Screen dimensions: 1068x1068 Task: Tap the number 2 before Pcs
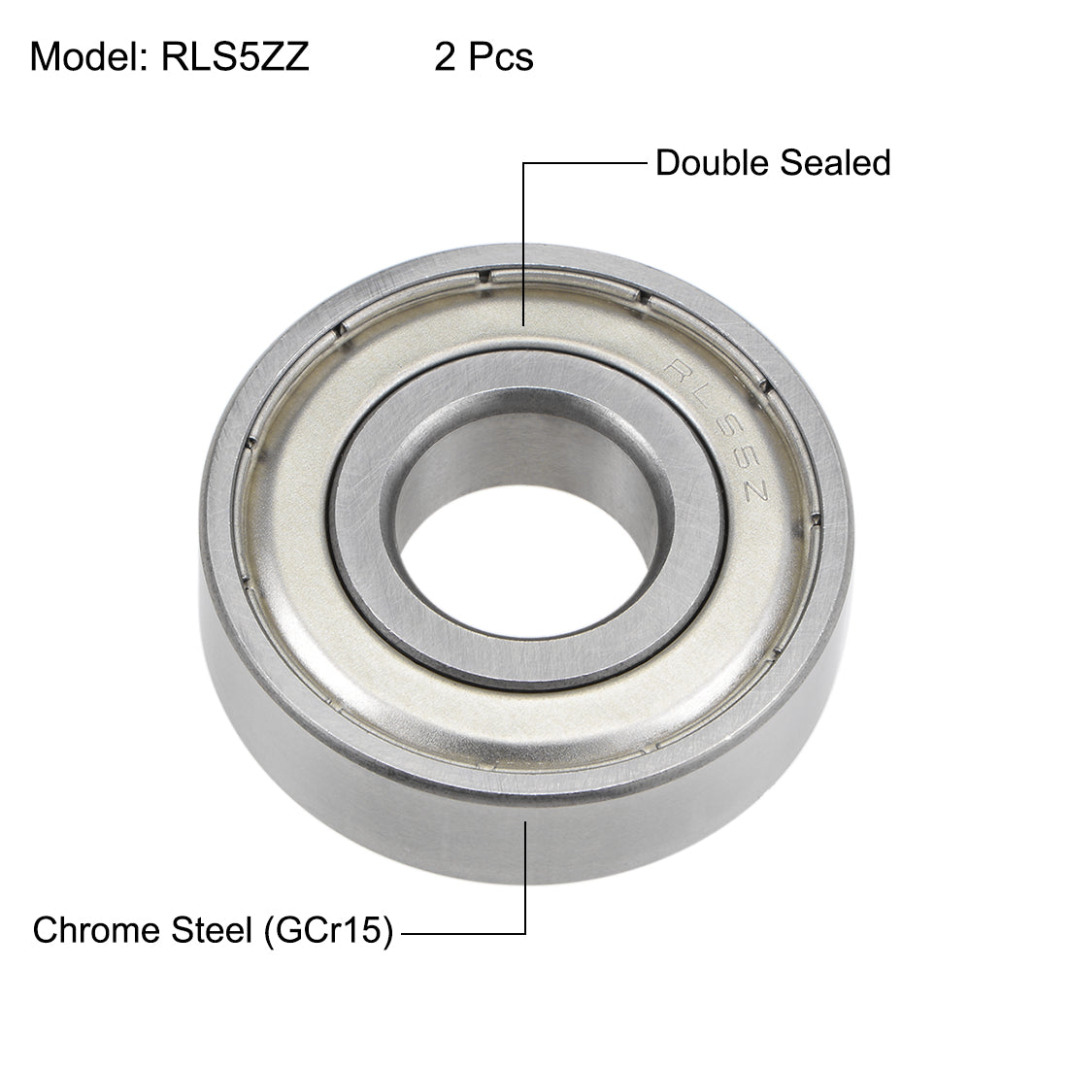point(445,57)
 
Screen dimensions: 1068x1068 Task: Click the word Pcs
point(500,57)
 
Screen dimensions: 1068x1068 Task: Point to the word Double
point(710,162)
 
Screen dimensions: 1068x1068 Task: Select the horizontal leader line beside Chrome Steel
point(463,934)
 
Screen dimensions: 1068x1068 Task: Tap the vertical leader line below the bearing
point(525,874)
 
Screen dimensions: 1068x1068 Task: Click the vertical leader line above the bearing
point(524,243)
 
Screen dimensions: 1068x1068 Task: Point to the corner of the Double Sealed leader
point(524,163)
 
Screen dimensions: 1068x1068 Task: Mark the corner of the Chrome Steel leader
point(525,934)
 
